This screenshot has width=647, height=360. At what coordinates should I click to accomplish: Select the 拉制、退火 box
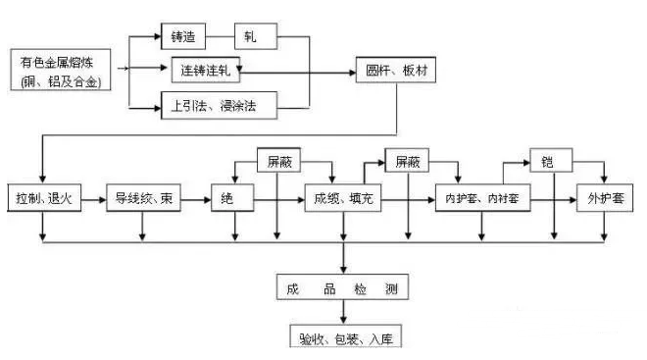tap(42, 198)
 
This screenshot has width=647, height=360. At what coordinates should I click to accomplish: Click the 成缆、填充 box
tap(342, 198)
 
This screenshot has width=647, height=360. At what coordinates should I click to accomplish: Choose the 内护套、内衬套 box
tap(481, 198)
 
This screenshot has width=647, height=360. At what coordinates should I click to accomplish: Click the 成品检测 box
tap(341, 287)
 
